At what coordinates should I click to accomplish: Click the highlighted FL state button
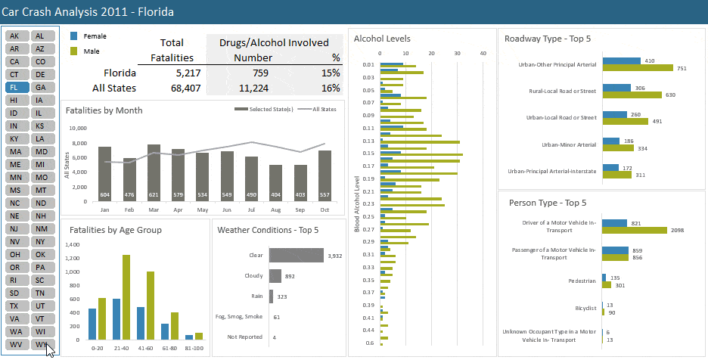tap(14, 88)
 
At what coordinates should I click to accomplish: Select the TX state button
tap(14, 306)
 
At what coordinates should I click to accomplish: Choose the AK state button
tap(14, 36)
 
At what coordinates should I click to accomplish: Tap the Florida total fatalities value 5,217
tap(178, 73)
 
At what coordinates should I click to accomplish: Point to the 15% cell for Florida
tap(330, 73)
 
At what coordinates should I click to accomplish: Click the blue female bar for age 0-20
tap(92, 324)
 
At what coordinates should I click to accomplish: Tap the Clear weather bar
tap(296, 256)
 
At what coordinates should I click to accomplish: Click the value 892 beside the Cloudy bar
tap(290, 276)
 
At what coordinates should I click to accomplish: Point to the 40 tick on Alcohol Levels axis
tap(483, 53)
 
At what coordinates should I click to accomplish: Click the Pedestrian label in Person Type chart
tap(582, 281)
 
